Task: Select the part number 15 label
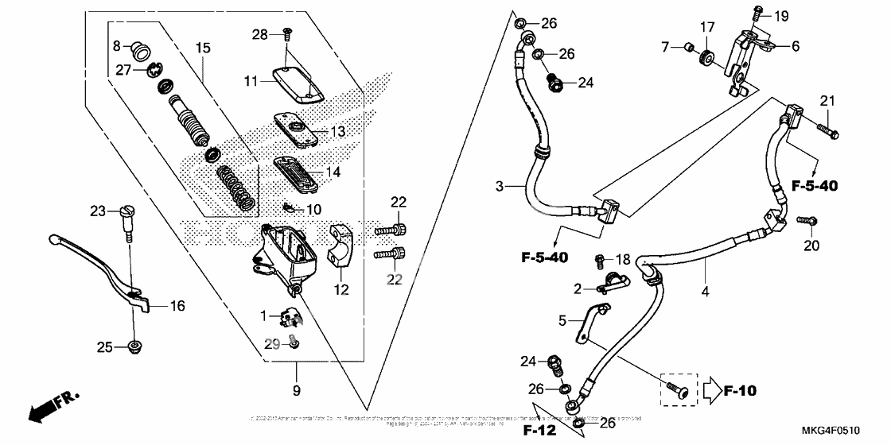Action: pyautogui.click(x=203, y=48)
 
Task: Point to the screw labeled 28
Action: pyautogui.click(x=287, y=34)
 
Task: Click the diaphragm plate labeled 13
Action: pyautogui.click(x=296, y=126)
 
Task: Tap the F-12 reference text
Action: pyautogui.click(x=539, y=430)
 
